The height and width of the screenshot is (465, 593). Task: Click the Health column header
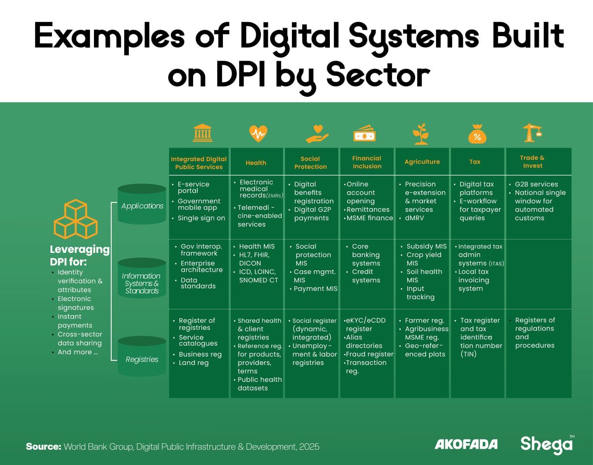pos(256,163)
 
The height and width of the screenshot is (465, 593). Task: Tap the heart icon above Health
pos(258,133)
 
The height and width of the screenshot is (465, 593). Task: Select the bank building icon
pos(203,133)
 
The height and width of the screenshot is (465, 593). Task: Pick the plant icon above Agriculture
pos(421,134)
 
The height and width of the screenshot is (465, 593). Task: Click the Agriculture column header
pos(422,162)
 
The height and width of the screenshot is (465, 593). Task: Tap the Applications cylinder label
pos(142,206)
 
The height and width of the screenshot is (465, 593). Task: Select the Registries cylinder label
pos(142,359)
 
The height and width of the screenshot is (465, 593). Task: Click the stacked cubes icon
pos(76,220)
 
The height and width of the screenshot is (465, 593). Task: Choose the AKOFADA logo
pos(466,445)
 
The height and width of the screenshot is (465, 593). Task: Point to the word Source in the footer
pos(44,447)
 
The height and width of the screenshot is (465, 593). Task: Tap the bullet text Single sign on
pos(201,218)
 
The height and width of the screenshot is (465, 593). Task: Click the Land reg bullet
pos(194,363)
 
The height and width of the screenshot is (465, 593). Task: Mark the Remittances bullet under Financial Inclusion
pos(368,210)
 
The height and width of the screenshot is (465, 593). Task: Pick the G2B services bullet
pos(536,184)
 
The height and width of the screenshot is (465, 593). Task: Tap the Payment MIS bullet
pos(315,289)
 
